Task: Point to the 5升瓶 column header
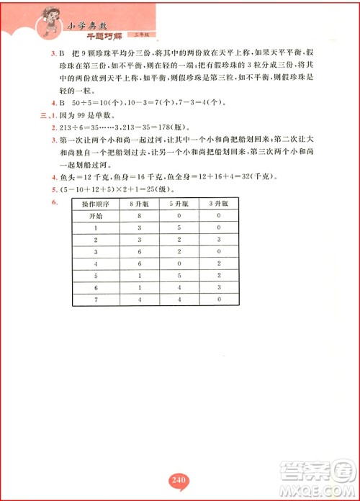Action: tap(179, 204)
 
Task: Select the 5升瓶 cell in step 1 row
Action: tap(179, 227)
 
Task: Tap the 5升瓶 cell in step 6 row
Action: tap(179, 286)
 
